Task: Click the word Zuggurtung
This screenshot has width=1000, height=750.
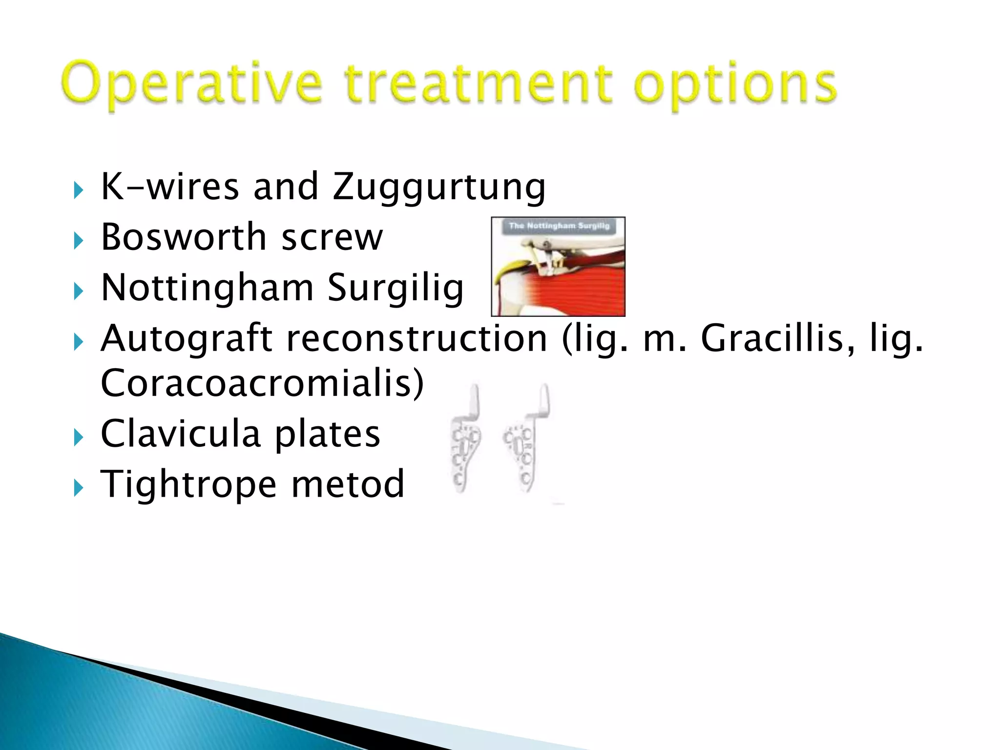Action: pyautogui.click(x=438, y=187)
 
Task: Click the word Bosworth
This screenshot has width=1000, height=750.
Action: pyautogui.click(x=184, y=237)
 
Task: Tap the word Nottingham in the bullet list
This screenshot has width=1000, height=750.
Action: pyautogui.click(x=207, y=288)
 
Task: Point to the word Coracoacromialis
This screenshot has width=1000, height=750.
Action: pyautogui.click(x=262, y=384)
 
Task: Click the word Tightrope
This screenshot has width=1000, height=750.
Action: pyautogui.click(x=188, y=484)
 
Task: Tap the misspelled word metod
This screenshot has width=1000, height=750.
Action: pyautogui.click(x=348, y=484)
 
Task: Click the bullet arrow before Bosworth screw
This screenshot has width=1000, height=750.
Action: pyautogui.click(x=79, y=241)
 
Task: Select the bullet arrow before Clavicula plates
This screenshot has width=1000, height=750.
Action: pyautogui.click(x=79, y=437)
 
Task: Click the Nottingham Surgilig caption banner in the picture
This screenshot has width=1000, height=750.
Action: pyautogui.click(x=559, y=226)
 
